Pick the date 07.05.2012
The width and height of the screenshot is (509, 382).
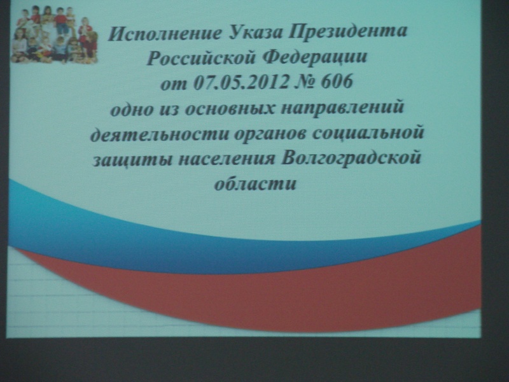tap(241, 82)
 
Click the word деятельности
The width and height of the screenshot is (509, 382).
tap(160, 134)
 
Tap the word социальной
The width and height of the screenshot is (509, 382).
tap(368, 133)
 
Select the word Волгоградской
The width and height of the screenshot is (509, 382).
tap(351, 158)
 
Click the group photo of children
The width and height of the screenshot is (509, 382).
tap(54, 34)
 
